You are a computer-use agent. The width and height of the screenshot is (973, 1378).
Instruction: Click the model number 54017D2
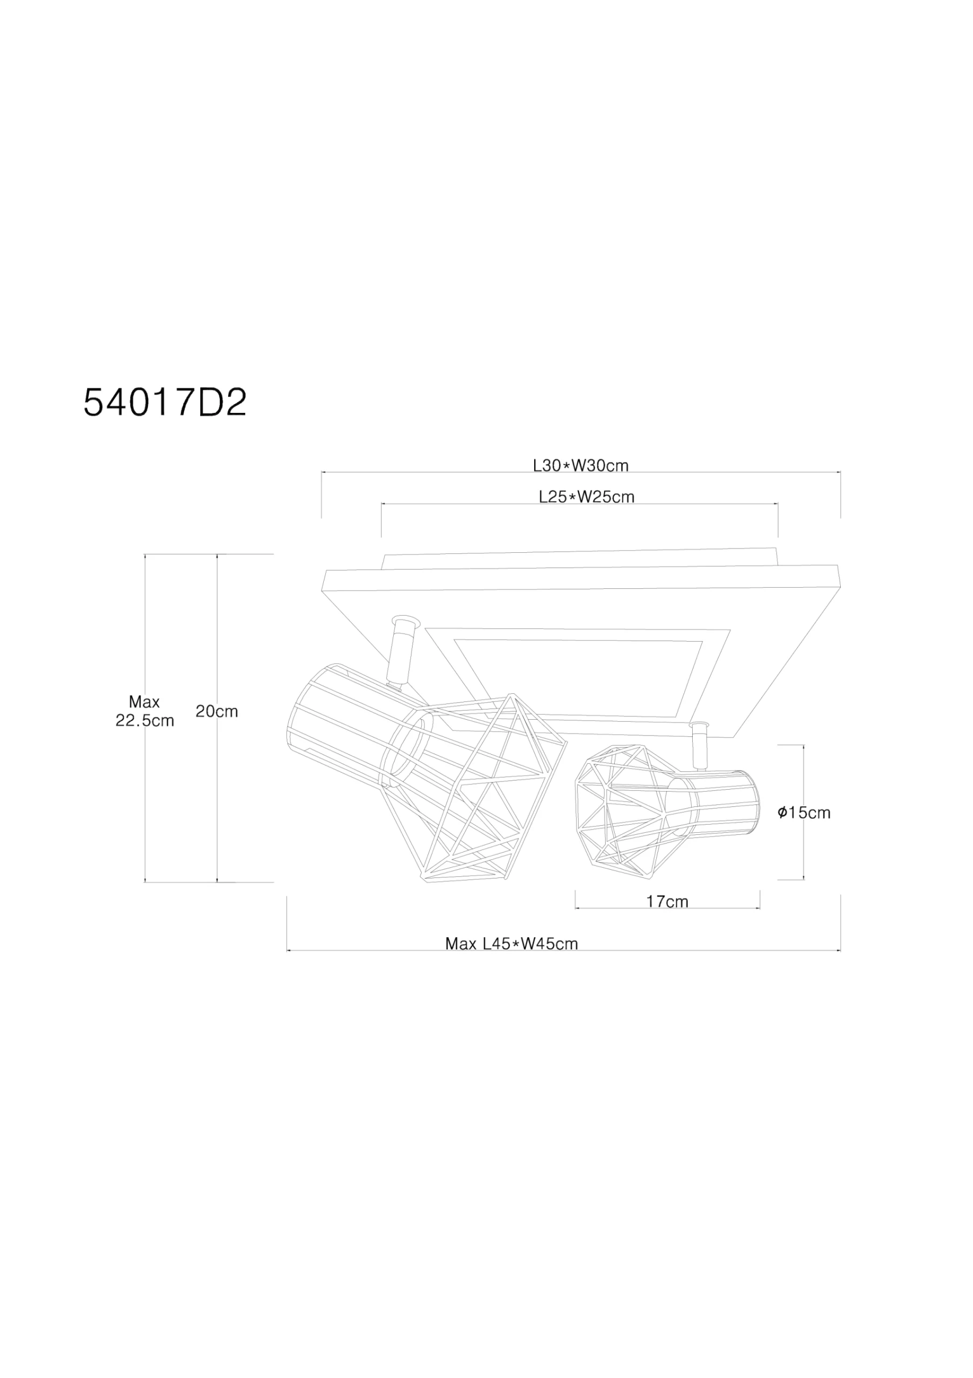[x=165, y=403]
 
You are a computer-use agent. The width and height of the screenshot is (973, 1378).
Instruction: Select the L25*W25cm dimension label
[x=586, y=497]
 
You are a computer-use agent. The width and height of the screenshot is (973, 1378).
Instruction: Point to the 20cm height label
[x=217, y=711]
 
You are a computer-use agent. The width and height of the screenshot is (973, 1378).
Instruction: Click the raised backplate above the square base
[x=579, y=558]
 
